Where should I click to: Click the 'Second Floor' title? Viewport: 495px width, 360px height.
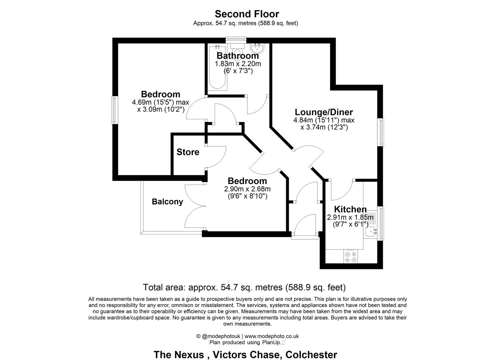pos(247,14)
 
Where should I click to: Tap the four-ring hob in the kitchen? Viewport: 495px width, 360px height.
pos(351,257)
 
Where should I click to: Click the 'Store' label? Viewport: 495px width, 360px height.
pos(188,152)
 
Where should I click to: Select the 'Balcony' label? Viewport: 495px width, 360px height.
pos(167,202)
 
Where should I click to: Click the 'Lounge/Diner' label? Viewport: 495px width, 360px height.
pos(324,112)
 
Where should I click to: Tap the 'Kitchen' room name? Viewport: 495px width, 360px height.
pos(350,209)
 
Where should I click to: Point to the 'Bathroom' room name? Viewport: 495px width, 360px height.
pos(238,56)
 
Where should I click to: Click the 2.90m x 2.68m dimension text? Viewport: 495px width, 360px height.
pos(247,189)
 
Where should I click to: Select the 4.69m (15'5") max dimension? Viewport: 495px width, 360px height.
pos(160,102)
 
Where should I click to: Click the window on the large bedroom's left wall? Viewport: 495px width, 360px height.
pos(114,110)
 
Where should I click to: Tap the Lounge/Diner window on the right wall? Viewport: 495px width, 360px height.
pos(380,132)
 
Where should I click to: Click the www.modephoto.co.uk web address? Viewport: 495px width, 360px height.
pos(272,336)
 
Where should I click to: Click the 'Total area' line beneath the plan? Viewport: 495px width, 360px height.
pos(244,287)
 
